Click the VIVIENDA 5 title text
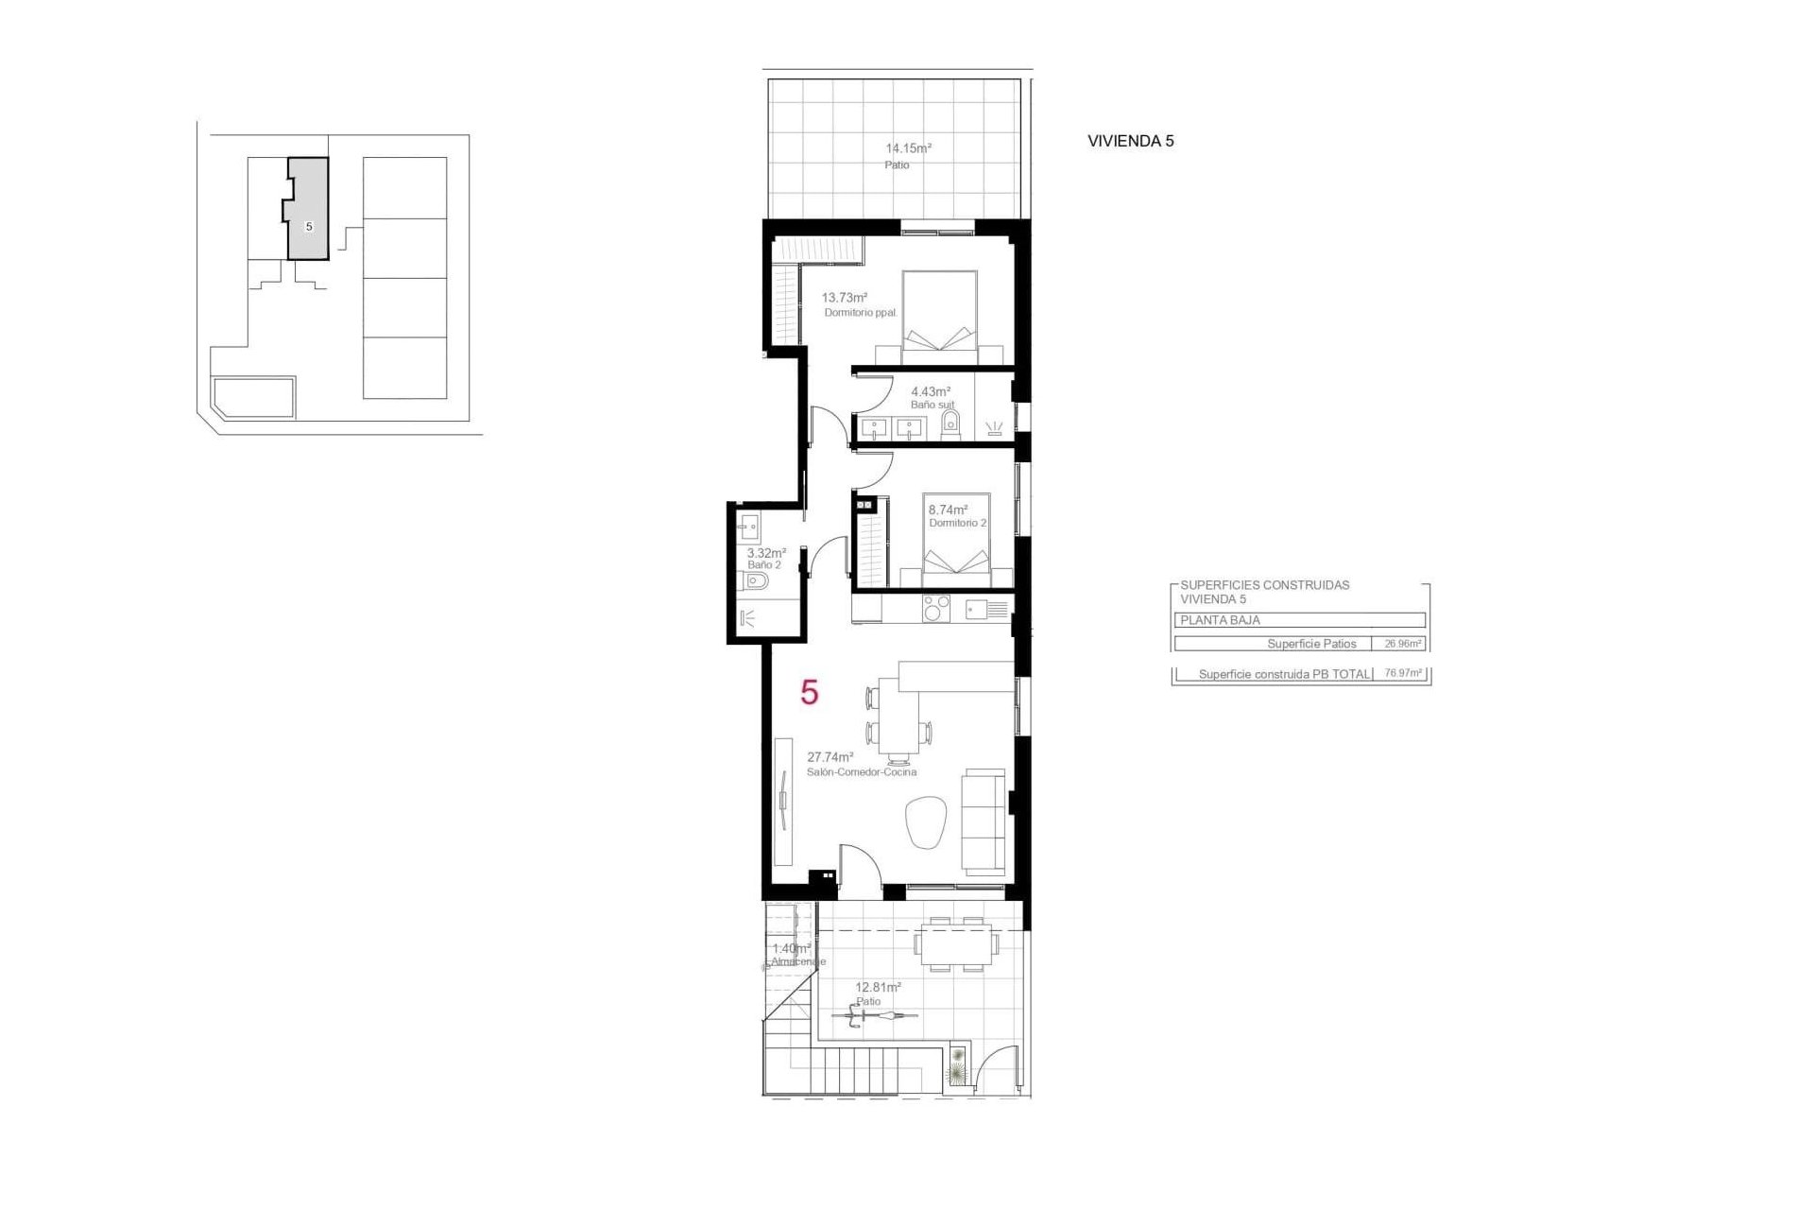click(1130, 141)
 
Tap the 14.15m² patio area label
click(908, 148)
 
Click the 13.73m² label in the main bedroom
click(844, 298)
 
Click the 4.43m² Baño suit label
click(930, 391)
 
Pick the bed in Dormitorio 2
click(956, 539)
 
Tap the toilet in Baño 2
click(756, 580)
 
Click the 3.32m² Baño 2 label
click(766, 553)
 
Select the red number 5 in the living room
click(809, 693)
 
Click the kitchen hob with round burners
click(936, 608)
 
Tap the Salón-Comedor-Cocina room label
click(861, 772)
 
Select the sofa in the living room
click(983, 821)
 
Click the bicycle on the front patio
click(874, 1017)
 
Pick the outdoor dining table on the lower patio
click(955, 943)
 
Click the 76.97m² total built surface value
click(1402, 674)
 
